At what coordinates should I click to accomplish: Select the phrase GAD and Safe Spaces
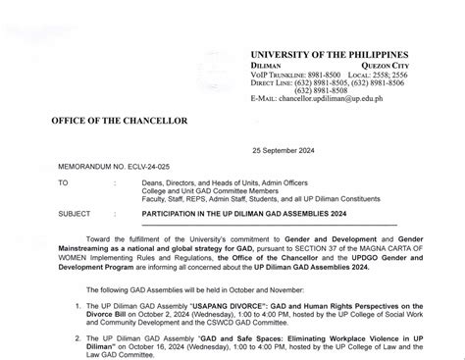(x=219, y=335)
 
